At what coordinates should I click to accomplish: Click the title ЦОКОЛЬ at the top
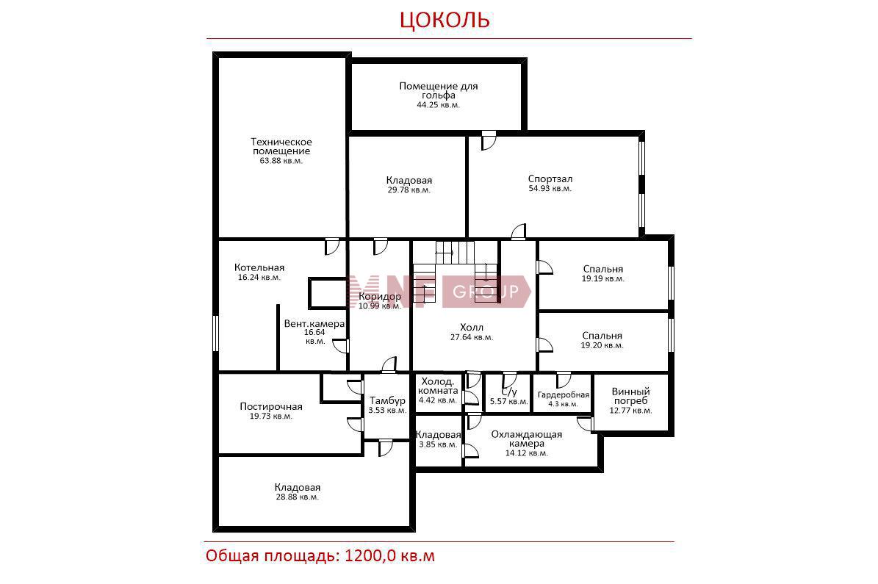click(445, 20)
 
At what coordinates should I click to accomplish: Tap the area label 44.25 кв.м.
click(438, 105)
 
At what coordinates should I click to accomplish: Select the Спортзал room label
click(550, 179)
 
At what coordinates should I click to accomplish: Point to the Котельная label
click(259, 267)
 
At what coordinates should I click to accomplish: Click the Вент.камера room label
click(314, 323)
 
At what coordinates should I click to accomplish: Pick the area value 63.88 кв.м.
click(281, 161)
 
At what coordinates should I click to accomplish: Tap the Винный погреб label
click(630, 396)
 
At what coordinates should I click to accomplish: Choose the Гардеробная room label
click(564, 394)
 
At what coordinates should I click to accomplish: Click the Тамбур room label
click(387, 400)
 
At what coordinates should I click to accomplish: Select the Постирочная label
click(271, 406)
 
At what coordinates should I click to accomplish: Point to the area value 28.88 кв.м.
click(298, 497)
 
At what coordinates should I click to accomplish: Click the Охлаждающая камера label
click(526, 439)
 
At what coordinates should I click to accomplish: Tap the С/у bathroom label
click(509, 392)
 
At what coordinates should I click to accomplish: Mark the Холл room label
click(472, 327)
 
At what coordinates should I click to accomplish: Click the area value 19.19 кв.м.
click(603, 278)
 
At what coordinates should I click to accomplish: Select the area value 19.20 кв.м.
click(602, 345)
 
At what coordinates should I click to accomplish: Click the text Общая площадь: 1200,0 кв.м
click(320, 555)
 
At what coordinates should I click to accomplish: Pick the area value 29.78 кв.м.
click(409, 190)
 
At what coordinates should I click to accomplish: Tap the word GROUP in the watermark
click(485, 291)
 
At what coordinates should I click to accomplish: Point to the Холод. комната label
click(439, 386)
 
